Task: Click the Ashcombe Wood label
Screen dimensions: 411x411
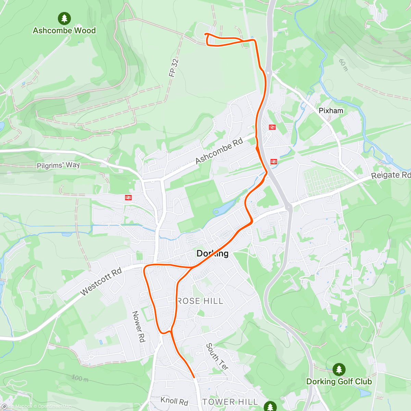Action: [x=64, y=30]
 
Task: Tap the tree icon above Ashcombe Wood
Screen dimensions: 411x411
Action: [x=64, y=18]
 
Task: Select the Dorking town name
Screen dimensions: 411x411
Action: [x=212, y=253]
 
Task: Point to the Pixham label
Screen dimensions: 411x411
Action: [x=331, y=111]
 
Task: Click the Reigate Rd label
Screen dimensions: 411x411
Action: [x=391, y=175]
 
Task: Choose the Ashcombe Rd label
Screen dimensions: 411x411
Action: [x=219, y=151]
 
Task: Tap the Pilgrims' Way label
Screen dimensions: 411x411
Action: [x=58, y=165]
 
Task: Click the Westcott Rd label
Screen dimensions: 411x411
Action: [x=101, y=282]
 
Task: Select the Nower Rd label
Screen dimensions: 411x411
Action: [x=139, y=326]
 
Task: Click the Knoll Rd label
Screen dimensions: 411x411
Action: [x=174, y=401]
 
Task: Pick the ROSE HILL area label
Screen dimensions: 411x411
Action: [x=200, y=301]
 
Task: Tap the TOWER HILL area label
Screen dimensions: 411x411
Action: [x=230, y=402]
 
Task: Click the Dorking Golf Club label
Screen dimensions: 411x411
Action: [x=339, y=382]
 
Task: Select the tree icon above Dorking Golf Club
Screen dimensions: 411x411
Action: [x=339, y=369]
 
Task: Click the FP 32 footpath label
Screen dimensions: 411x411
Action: [x=174, y=68]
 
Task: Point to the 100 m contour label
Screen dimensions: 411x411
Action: [x=80, y=378]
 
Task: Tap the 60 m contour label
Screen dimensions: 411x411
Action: [x=344, y=65]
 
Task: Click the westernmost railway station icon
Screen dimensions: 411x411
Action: [x=128, y=197]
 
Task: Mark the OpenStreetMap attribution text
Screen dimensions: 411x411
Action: [x=55, y=407]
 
